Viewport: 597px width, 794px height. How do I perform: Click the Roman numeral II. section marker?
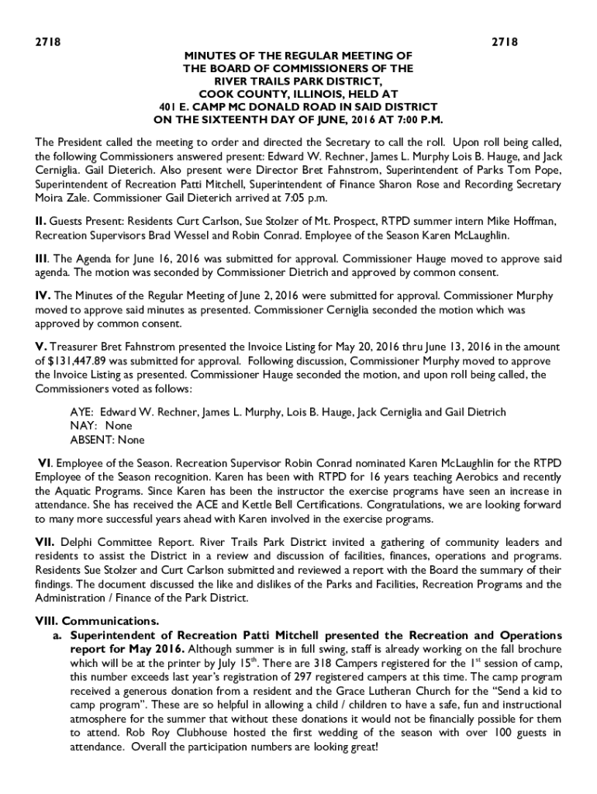pos(42,222)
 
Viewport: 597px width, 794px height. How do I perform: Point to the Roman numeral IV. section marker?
pos(43,295)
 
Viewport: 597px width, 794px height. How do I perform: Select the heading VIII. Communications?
pos(97,622)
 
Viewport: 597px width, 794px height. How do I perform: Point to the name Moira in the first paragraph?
pos(50,198)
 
